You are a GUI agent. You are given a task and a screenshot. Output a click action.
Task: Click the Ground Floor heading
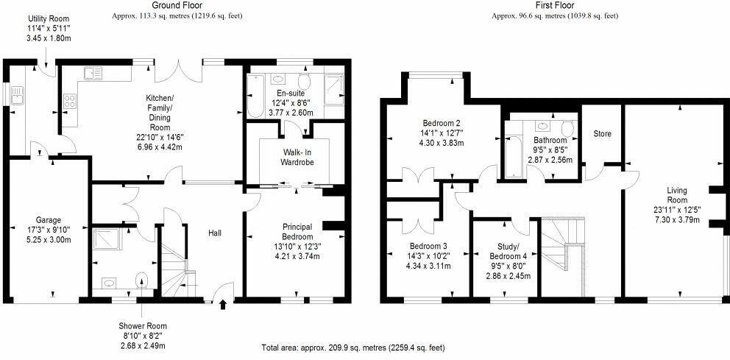point(177,5)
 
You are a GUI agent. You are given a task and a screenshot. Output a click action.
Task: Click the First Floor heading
point(555,5)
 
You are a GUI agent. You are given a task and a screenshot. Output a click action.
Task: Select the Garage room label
point(49,220)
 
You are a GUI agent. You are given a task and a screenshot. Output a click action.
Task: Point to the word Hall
point(216,233)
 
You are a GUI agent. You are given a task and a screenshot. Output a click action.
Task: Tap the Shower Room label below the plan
point(143,326)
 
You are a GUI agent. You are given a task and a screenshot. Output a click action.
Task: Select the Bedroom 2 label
point(442,123)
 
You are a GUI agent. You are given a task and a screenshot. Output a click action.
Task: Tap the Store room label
point(603,134)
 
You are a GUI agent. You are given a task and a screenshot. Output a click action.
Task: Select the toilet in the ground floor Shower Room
point(143,280)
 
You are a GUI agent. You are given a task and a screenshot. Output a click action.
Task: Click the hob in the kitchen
point(71,100)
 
